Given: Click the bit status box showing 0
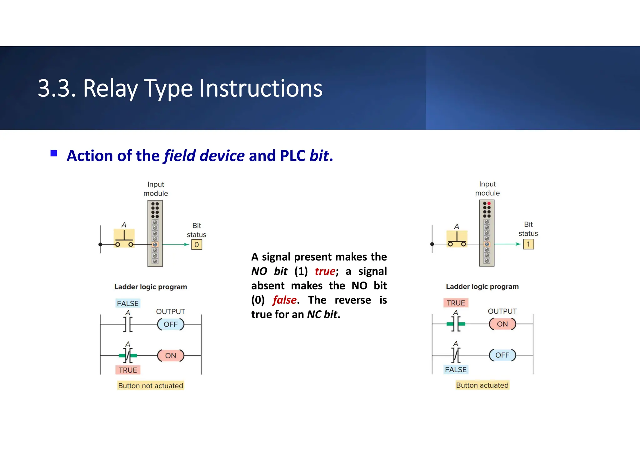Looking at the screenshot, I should click(197, 245).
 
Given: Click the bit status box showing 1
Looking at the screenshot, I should click(528, 244).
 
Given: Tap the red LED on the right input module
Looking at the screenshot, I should click(489, 204).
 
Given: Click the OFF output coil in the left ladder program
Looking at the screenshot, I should click(171, 324).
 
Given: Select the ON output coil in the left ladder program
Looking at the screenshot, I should click(171, 356).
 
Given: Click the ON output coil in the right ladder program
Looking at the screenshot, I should click(502, 324).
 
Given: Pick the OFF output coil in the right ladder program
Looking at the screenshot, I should click(502, 355).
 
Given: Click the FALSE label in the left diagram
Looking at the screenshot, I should click(127, 303).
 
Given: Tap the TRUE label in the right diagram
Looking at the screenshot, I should click(456, 303).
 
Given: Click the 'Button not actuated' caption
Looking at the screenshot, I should click(151, 386).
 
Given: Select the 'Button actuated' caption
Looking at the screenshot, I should click(482, 385).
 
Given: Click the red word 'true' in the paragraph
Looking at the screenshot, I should click(325, 271).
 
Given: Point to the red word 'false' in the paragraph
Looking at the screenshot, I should click(284, 300).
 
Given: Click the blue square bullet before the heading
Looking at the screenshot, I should click(54, 153).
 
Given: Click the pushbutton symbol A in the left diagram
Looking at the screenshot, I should click(124, 238).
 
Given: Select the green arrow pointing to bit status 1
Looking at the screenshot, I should click(508, 244).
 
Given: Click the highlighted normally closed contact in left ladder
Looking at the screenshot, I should click(128, 356).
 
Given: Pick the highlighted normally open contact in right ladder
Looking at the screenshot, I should click(456, 324).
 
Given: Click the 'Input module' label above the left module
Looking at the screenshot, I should click(156, 189).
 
